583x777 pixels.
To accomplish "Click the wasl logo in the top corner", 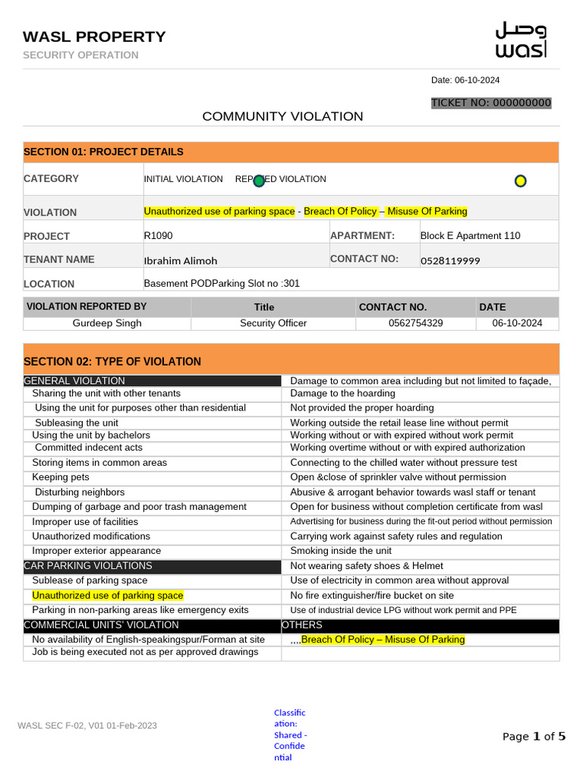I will [520, 39].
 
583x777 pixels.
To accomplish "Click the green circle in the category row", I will [259, 181].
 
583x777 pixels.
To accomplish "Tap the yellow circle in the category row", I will [520, 181].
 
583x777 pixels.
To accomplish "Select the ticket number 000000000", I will [491, 103].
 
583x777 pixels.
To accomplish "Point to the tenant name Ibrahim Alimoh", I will [181, 260].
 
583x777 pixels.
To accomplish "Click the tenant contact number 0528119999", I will [450, 260].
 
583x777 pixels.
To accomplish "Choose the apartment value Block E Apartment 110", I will [470, 235].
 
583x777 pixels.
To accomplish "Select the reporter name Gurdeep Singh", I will [107, 322].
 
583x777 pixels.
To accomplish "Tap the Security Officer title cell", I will [273, 322].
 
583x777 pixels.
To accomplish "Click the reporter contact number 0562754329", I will [415, 322].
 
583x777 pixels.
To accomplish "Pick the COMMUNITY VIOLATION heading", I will [282, 116].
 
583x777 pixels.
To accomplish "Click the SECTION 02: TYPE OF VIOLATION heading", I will [112, 361].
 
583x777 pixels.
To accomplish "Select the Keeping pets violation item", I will [61, 477].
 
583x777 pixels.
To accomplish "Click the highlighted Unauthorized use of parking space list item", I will [108, 596].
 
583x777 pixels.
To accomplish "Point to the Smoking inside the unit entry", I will [341, 551].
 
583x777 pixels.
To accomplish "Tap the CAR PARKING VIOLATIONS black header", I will [88, 565].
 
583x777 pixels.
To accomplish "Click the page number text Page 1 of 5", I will [534, 736].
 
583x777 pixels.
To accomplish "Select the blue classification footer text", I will [290, 735].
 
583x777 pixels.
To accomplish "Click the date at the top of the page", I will [465, 80].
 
